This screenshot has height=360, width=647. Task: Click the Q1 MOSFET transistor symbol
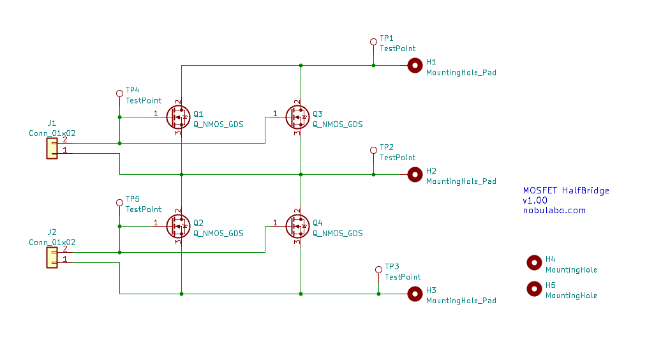pyautogui.click(x=178, y=117)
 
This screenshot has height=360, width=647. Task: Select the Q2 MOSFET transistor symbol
pyautogui.click(x=178, y=226)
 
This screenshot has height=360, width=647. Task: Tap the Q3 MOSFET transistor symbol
pyautogui.click(x=297, y=117)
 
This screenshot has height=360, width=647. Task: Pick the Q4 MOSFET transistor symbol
pyautogui.click(x=297, y=226)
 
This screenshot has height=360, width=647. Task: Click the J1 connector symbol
pyautogui.click(x=52, y=148)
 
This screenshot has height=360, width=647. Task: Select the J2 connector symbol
pyautogui.click(x=52, y=257)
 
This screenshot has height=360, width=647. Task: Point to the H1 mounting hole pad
pyautogui.click(x=415, y=65)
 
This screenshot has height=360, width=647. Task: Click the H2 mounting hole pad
pyautogui.click(x=415, y=174)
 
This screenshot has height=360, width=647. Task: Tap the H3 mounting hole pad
pyautogui.click(x=415, y=294)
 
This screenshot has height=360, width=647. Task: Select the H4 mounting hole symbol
pyautogui.click(x=534, y=262)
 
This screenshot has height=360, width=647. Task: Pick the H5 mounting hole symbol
pyautogui.click(x=534, y=289)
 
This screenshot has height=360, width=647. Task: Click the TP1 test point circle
pyautogui.click(x=373, y=42)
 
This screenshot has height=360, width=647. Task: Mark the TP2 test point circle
pyautogui.click(x=373, y=151)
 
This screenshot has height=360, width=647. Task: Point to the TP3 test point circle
pyautogui.click(x=378, y=270)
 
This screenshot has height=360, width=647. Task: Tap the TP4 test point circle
pyautogui.click(x=119, y=94)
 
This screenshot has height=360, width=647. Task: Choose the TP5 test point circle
pyautogui.click(x=119, y=202)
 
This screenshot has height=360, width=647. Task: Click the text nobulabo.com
pyautogui.click(x=554, y=210)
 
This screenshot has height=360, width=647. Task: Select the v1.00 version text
pyautogui.click(x=535, y=200)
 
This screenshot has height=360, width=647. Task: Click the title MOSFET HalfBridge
pyautogui.click(x=566, y=190)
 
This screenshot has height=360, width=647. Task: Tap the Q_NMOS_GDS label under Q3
pyautogui.click(x=337, y=124)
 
